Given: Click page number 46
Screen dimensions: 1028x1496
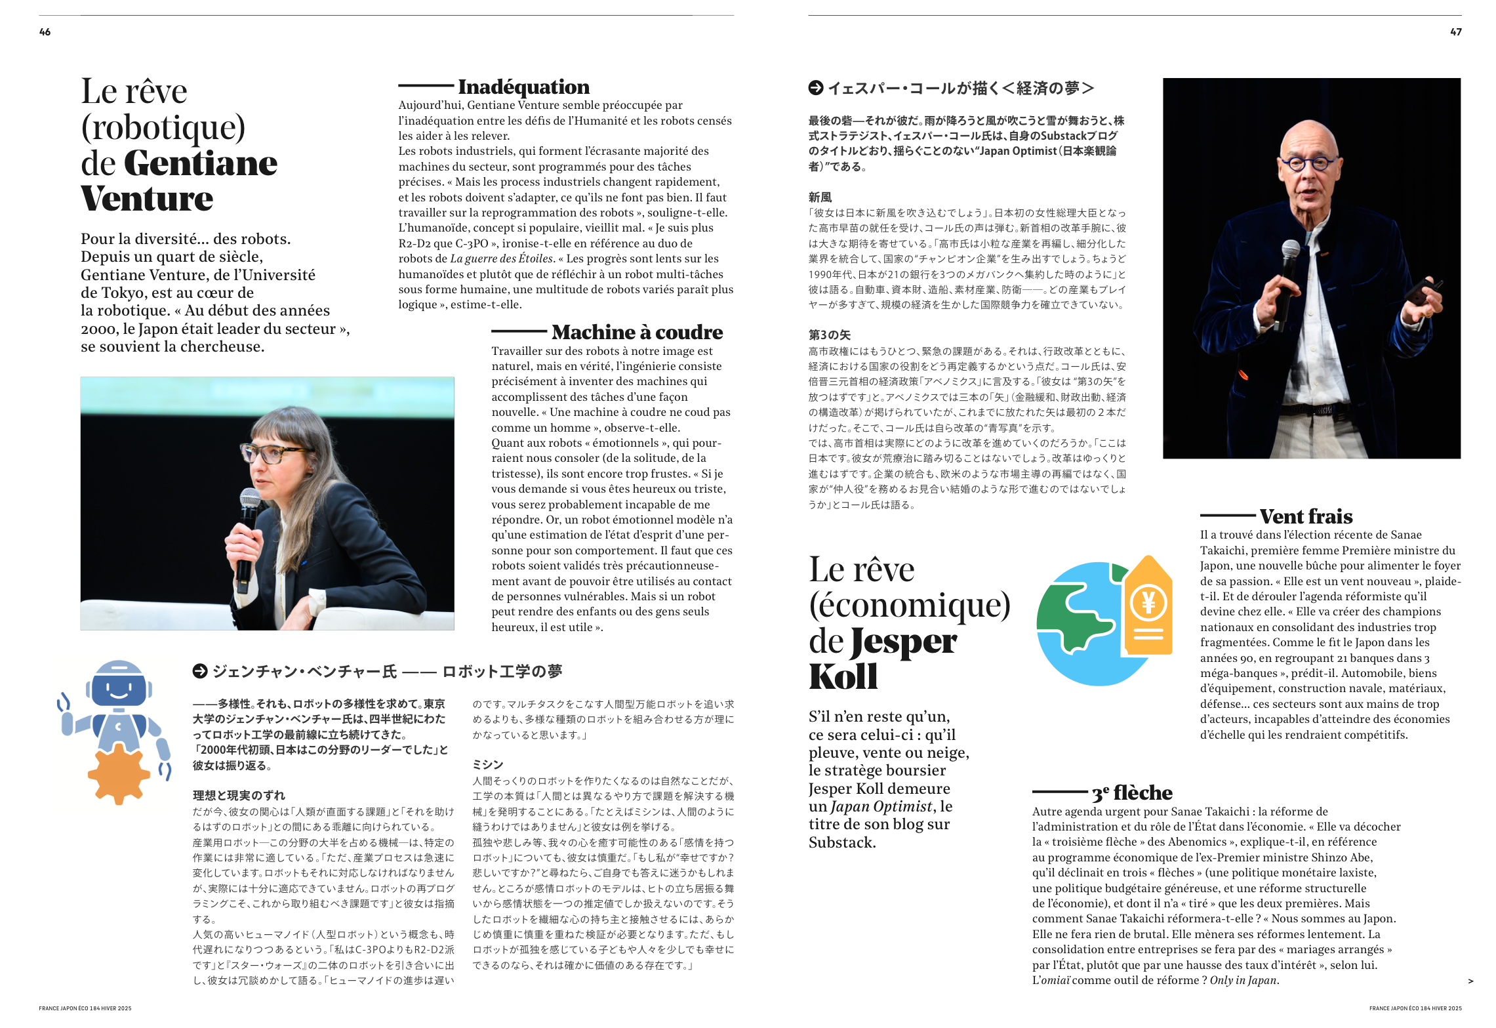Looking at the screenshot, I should tap(45, 32).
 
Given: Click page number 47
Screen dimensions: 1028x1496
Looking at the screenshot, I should tap(1455, 32).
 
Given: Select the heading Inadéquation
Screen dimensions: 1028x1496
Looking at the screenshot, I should tap(523, 87).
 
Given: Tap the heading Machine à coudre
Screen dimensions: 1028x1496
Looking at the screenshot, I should tap(637, 332).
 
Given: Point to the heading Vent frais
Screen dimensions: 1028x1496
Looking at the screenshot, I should tap(1306, 516).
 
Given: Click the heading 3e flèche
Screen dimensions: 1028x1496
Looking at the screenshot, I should tap(1132, 792).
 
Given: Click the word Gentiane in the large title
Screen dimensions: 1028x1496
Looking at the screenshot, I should tap(200, 163).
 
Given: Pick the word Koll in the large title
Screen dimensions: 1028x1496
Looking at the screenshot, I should tap(843, 677).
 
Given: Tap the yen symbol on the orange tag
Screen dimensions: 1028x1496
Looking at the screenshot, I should tap(1148, 602).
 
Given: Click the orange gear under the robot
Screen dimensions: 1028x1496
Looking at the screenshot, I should tap(119, 773).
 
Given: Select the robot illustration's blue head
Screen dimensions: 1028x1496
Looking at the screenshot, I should tap(119, 684).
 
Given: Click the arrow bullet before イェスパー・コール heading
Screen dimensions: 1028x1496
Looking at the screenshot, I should tap(816, 88).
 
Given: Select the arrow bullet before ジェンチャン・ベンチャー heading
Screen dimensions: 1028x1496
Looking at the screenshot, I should tap(200, 671).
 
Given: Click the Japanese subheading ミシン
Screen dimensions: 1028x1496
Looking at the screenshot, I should tap(487, 764).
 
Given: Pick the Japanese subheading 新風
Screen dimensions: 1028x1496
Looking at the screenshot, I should tap(820, 197).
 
